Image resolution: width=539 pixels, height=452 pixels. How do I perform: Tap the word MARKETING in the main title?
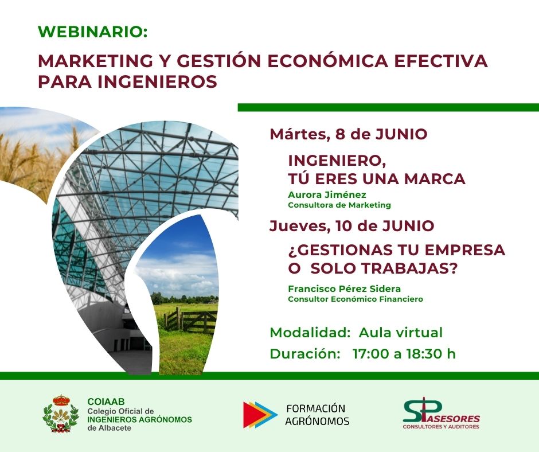(95, 61)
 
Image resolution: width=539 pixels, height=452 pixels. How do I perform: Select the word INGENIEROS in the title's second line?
(158, 81)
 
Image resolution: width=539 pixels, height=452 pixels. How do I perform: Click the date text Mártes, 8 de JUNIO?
(349, 134)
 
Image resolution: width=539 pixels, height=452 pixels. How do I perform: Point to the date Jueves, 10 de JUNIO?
(352, 226)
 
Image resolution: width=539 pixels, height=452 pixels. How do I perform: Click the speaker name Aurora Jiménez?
(327, 194)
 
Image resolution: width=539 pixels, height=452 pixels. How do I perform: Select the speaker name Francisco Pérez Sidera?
(345, 289)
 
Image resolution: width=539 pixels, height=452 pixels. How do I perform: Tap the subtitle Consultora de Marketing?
(339, 205)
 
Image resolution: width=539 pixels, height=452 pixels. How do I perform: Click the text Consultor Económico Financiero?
(356, 299)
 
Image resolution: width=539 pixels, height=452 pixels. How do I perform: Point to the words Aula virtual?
(400, 333)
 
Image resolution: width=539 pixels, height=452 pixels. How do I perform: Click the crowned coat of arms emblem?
(61, 413)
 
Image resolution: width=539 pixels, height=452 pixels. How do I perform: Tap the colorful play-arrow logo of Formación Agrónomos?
(260, 415)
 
